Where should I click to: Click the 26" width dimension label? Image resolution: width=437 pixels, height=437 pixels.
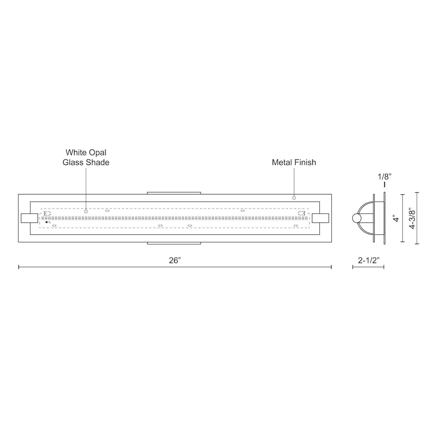pyautogui.click(x=175, y=260)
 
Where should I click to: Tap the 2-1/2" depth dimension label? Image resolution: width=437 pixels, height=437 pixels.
pyautogui.click(x=368, y=260)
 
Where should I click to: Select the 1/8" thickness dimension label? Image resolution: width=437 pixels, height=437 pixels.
pyautogui.click(x=385, y=177)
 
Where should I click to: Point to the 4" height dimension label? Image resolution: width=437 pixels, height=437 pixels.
pyautogui.click(x=396, y=218)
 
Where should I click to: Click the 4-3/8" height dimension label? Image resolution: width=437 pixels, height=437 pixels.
pyautogui.click(x=412, y=218)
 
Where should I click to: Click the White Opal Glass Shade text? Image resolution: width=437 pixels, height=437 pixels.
pyautogui.click(x=86, y=157)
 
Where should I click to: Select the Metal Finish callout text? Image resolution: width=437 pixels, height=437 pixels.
pyautogui.click(x=294, y=162)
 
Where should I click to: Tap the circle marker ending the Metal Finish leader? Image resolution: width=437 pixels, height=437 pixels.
pyautogui.click(x=294, y=198)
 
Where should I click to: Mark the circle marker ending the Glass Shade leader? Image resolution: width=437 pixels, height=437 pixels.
pyautogui.click(x=86, y=211)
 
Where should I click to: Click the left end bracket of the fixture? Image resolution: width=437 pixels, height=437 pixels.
pyautogui.click(x=29, y=218)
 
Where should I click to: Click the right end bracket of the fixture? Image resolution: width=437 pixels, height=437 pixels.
pyautogui.click(x=320, y=218)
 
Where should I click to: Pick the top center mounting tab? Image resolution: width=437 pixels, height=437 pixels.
pyautogui.click(x=174, y=193)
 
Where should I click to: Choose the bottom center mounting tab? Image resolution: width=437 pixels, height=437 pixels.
pyautogui.click(x=174, y=243)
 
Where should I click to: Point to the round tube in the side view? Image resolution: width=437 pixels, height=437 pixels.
pyautogui.click(x=356, y=218)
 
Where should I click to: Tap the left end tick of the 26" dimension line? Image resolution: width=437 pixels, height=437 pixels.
pyautogui.click(x=19, y=267)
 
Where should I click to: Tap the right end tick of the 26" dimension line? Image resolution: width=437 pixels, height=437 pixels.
pyautogui.click(x=331, y=267)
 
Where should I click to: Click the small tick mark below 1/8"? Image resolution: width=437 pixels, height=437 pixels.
pyautogui.click(x=385, y=184)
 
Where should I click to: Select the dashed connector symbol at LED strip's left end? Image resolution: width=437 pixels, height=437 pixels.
pyautogui.click(x=47, y=213)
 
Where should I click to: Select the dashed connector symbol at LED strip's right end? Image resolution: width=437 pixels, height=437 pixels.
pyautogui.click(x=302, y=213)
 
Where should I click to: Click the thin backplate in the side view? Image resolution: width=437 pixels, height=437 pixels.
pyautogui.click(x=385, y=218)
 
